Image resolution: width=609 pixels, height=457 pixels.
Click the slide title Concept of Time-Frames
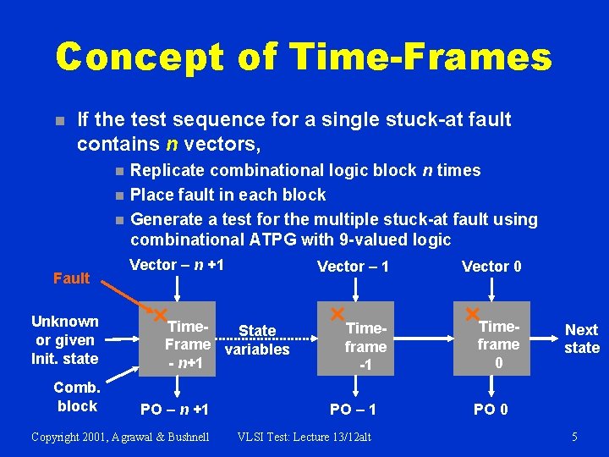coord(304,58)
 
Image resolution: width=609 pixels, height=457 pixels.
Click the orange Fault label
coord(71,278)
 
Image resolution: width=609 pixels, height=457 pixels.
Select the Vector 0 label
coord(491,267)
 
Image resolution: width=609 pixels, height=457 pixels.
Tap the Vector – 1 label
coord(353,267)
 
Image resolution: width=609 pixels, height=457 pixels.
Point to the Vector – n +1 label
coord(177,265)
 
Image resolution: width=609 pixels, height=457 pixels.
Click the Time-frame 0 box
coord(498,339)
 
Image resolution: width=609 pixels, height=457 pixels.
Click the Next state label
coord(581,339)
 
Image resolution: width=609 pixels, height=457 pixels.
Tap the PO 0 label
coord(491,410)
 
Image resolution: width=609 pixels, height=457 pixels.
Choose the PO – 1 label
coord(353,410)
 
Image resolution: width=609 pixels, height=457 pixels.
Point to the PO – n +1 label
coord(176,410)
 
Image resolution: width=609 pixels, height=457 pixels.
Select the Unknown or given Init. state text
coord(65,339)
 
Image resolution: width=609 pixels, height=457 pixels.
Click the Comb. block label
coord(77,396)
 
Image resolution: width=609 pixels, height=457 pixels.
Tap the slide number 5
coord(574,437)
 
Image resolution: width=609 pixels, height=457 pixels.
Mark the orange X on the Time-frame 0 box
coord(471,314)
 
